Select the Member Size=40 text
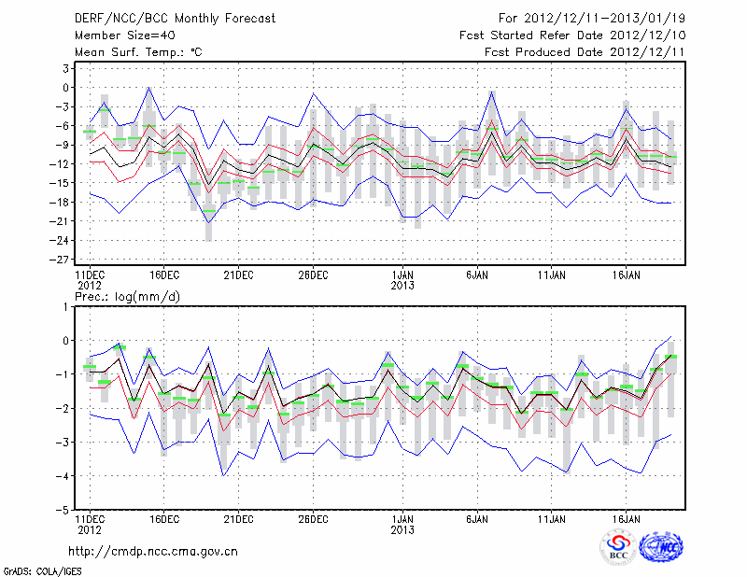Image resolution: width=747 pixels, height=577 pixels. [x=117, y=35]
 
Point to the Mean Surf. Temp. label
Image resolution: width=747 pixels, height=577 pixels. [x=138, y=52]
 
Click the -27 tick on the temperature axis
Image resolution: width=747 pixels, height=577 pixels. [x=65, y=260]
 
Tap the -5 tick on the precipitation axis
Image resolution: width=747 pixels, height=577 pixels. [x=66, y=511]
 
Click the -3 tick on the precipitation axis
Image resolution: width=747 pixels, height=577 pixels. [x=66, y=443]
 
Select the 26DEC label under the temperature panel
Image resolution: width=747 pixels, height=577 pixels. [x=313, y=275]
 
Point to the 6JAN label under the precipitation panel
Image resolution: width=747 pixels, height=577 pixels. [x=477, y=517]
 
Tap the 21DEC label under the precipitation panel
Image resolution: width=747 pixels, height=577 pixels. [x=238, y=517]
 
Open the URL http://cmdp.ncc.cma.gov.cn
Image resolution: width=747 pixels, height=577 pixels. [x=154, y=552]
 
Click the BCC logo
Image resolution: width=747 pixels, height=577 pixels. [x=619, y=548]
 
